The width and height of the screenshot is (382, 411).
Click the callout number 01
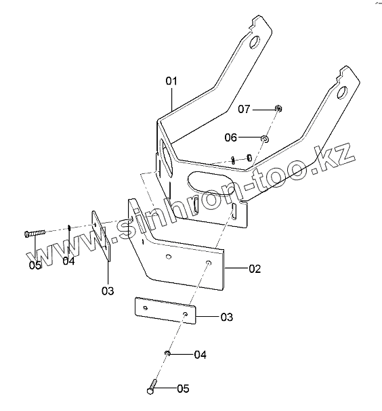(171, 81)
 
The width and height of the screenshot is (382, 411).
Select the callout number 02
(255, 269)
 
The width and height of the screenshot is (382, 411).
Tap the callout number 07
(244, 109)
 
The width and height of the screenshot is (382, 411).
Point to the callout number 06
(231, 137)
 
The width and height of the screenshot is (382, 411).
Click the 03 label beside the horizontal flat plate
(227, 317)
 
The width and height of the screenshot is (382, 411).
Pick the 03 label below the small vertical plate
(108, 291)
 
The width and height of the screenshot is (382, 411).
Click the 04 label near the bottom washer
(200, 355)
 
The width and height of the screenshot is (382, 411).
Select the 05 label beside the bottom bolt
(183, 389)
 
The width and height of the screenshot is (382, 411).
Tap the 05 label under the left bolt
(35, 265)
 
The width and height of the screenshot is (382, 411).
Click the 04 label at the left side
(68, 261)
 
